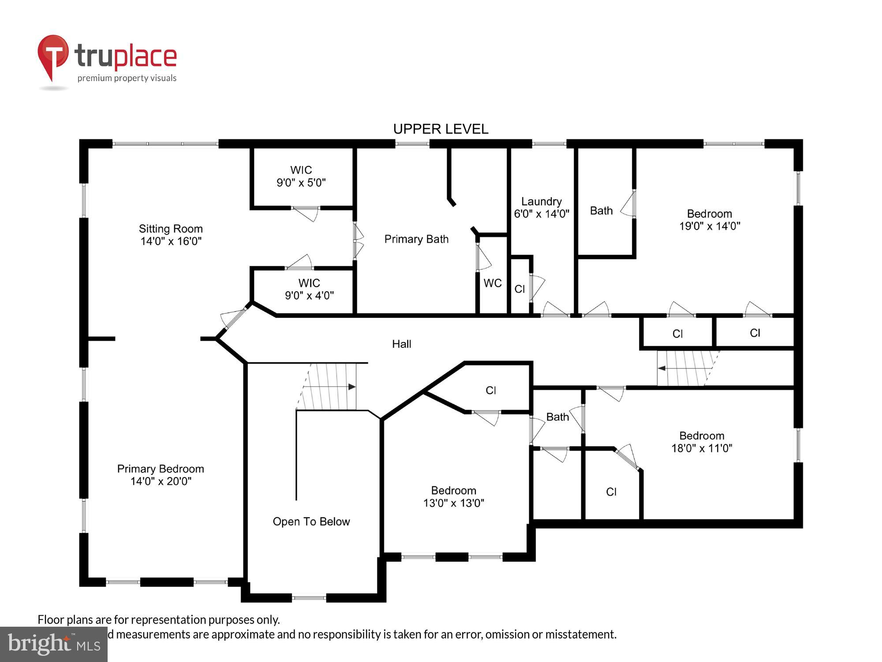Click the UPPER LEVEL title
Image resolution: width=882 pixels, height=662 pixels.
pos(441,129)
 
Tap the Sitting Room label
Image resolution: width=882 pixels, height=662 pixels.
pos(171,229)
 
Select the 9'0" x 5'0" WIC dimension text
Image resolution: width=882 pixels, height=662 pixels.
pos(301,183)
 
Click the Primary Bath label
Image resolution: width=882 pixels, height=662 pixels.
pos(416,239)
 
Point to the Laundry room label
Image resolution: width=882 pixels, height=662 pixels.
pos(541,202)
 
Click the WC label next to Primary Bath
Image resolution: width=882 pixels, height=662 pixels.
pos(492,283)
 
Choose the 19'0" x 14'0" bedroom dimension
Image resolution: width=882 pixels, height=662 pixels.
pos(709,226)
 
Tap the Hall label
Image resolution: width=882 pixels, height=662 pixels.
pos(401,344)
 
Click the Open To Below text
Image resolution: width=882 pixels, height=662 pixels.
pos(311,522)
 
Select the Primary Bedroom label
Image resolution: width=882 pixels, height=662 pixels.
pos(161,469)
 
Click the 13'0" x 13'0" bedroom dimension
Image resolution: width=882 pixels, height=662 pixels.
pos(453,503)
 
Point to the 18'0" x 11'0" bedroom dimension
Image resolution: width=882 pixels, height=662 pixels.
pos(701,448)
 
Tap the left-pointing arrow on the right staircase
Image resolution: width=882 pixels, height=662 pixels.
pos(662,368)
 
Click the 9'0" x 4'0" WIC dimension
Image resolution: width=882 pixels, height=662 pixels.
pos(309,296)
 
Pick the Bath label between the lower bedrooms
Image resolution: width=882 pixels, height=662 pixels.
pos(557,417)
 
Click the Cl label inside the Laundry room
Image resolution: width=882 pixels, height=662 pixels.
pos(519,289)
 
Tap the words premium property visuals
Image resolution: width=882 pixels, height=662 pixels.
pos(127,79)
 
